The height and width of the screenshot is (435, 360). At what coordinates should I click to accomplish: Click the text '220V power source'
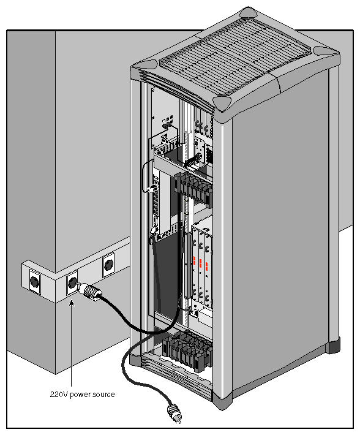[82, 394]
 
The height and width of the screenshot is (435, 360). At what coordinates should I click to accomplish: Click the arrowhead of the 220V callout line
[72, 301]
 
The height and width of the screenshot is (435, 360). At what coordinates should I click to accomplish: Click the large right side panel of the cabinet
[282, 233]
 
